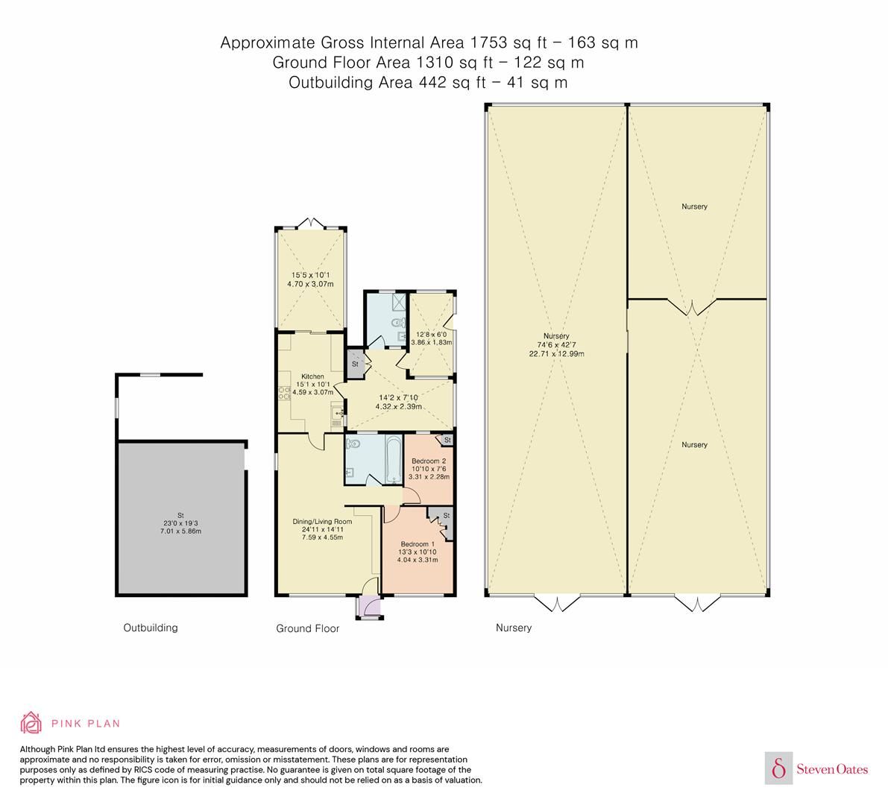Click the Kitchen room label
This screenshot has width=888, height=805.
tap(313, 376)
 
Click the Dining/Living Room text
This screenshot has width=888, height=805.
tap(321, 522)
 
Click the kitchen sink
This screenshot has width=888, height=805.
tap(338, 411)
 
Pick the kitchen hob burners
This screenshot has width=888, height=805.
tap(284, 393)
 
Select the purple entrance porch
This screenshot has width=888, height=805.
tap(368, 607)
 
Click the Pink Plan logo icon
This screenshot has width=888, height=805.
tap(31, 722)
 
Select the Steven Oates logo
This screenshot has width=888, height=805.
tap(817, 768)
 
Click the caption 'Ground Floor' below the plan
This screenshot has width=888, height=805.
tap(307, 628)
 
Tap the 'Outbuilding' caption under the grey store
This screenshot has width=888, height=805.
tap(151, 628)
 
